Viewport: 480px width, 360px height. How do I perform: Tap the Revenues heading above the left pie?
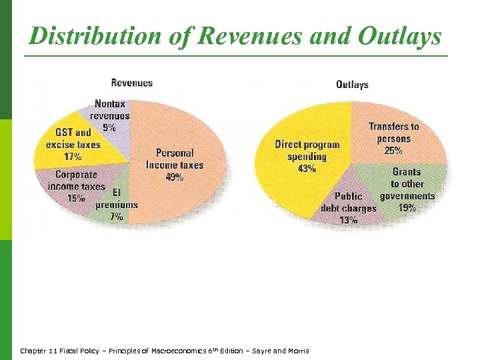131,83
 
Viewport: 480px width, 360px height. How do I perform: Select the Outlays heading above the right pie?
352,85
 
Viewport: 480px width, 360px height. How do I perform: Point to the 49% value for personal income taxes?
175,177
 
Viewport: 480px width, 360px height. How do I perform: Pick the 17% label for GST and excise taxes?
73,157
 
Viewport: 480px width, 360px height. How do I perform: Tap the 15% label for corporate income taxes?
76,198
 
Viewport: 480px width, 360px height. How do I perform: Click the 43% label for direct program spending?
307,169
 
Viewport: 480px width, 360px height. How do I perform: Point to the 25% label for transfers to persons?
393,150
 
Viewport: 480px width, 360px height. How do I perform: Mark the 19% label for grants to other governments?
408,207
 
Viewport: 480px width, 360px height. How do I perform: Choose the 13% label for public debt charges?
348,221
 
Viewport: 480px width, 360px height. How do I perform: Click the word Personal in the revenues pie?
175,153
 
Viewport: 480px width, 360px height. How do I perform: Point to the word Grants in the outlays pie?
407,172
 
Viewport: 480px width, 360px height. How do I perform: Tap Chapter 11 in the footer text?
35,351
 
